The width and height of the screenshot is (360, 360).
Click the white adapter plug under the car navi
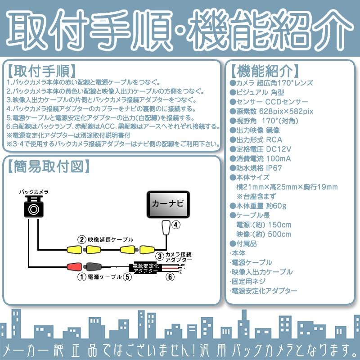(x=166, y=228)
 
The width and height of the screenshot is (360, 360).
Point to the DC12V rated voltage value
(x=282, y=149)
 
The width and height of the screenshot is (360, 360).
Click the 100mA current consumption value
(x=279, y=158)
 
